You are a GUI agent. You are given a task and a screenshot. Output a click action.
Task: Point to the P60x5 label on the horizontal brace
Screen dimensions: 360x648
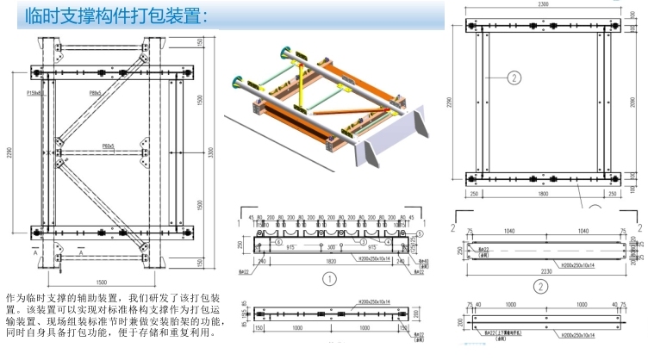pos(109,146)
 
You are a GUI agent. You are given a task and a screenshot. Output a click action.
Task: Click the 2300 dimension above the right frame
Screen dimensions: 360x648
pos(542,5)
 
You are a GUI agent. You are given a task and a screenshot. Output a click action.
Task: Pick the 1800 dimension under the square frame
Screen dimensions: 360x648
pos(541,196)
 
